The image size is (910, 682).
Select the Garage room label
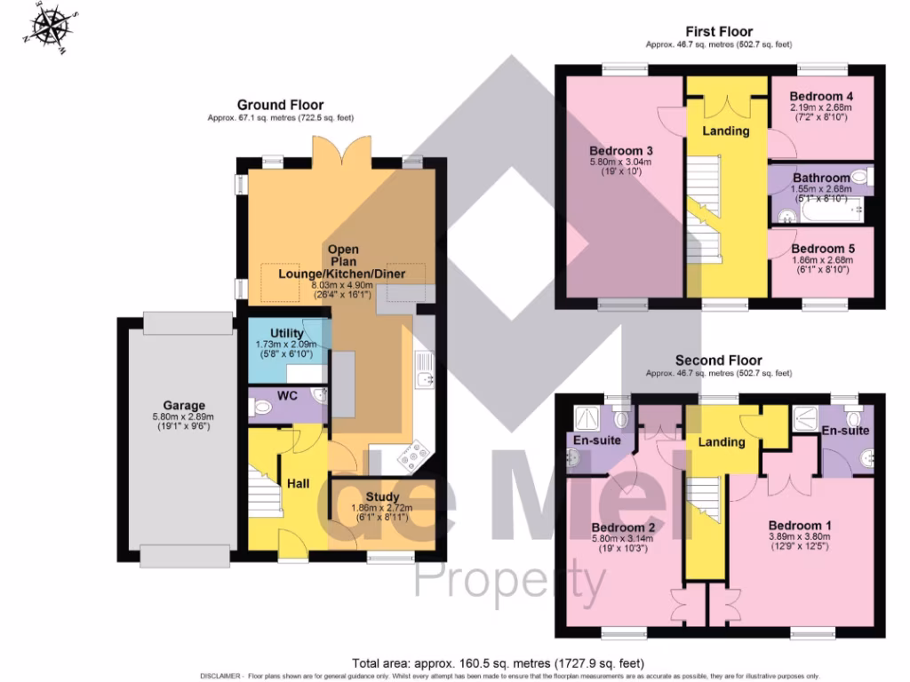click(x=183, y=405)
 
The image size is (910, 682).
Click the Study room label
click(x=382, y=496)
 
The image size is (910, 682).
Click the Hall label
click(x=298, y=483)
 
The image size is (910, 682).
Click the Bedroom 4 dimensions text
click(x=820, y=112)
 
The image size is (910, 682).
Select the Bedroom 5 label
click(x=820, y=249)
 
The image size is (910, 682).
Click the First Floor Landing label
click(x=725, y=131)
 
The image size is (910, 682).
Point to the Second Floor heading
click(x=718, y=361)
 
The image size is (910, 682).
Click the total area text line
click(x=498, y=663)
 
